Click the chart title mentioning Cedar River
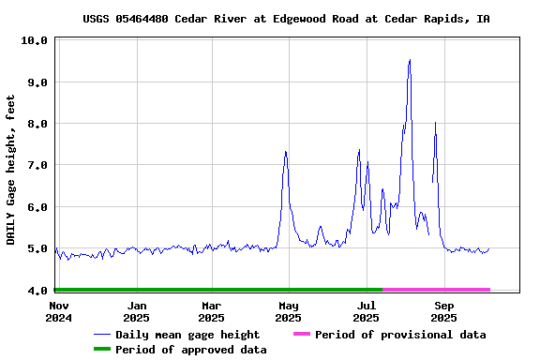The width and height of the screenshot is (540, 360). click(x=286, y=19)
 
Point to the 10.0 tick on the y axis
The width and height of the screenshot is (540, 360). click(x=35, y=40)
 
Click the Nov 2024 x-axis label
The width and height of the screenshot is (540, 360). click(x=58, y=311)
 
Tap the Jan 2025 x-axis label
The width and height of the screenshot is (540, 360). click(x=137, y=311)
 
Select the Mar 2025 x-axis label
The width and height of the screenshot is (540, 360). click(x=212, y=311)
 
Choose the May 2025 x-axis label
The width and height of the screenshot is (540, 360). click(x=289, y=311)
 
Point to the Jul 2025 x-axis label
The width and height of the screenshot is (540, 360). click(x=367, y=311)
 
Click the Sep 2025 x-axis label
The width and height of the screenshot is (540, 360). click(x=444, y=311)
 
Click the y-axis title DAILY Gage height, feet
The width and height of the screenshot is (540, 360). click(x=11, y=170)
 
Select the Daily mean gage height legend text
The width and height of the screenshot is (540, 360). click(x=187, y=335)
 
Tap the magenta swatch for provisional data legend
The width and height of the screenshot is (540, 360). click(x=301, y=335)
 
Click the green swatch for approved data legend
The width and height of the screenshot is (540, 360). click(x=101, y=350)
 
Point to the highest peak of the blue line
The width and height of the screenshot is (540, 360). click(x=410, y=60)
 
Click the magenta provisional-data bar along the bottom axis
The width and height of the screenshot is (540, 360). click(x=436, y=290)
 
